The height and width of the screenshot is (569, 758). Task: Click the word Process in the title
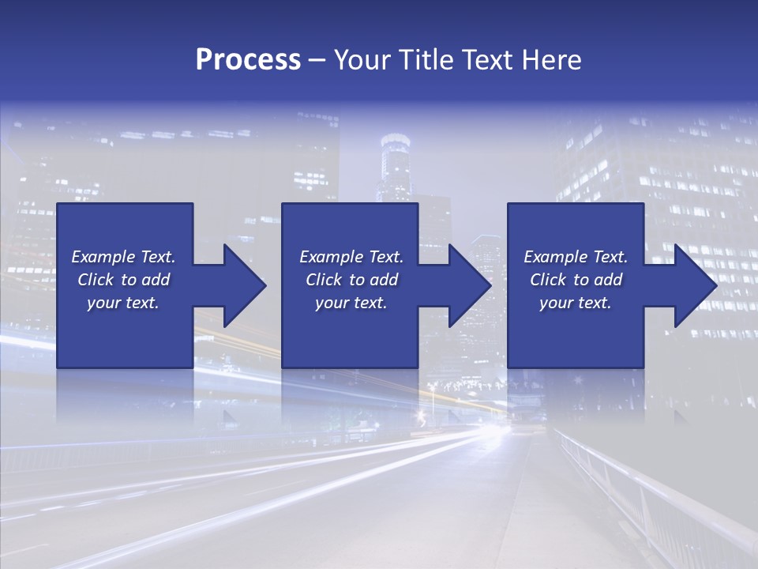coord(248,60)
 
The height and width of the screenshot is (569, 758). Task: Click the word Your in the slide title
coord(363,60)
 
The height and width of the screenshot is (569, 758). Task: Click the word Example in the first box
coord(103,257)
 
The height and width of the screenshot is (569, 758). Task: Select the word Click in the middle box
coord(323,280)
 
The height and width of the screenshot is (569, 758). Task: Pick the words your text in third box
coord(575,303)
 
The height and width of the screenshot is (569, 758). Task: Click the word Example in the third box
coord(555,257)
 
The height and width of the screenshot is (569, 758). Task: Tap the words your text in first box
coord(123,303)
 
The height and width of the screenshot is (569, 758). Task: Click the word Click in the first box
coord(96,280)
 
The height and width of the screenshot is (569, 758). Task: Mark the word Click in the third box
coord(548,280)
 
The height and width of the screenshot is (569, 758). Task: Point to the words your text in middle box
coord(351,303)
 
